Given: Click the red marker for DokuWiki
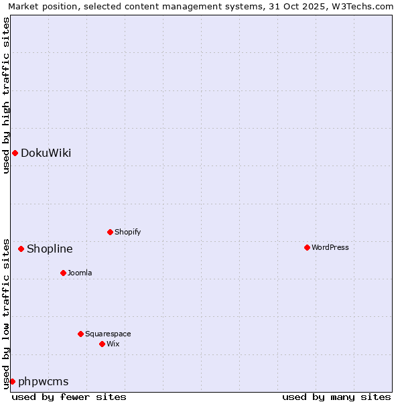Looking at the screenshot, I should [15, 153].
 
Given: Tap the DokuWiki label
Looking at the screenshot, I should [46, 153].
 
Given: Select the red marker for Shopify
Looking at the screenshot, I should [110, 232].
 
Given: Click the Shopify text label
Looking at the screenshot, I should [127, 232].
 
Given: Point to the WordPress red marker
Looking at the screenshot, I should [307, 247].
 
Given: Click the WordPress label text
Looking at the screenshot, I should [330, 247].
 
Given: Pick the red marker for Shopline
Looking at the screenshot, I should [21, 249].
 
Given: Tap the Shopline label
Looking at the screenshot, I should [50, 249].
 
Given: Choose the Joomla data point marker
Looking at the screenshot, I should [63, 273].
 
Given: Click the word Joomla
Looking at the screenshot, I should [80, 273].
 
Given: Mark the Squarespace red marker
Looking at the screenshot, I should [80, 334].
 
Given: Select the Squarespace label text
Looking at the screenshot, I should [108, 334].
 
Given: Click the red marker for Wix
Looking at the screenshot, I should [102, 344].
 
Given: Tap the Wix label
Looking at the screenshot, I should [113, 344].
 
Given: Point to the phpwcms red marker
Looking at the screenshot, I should [12, 381].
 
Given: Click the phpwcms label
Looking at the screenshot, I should [43, 381].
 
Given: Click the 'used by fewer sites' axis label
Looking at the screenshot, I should [69, 397].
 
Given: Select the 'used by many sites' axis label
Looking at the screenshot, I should [336, 397].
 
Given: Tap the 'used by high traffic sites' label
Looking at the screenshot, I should [6, 95].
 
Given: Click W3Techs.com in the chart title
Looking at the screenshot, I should [360, 6].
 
